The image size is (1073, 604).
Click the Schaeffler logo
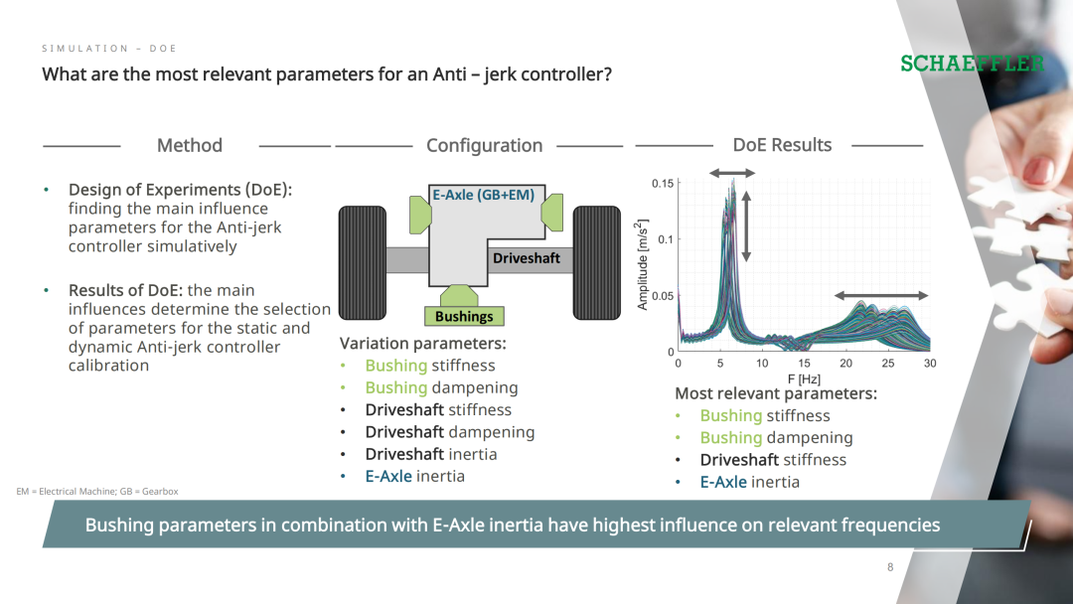tap(972, 64)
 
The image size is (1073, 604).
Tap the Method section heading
tap(190, 145)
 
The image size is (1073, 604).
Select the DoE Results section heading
tap(782, 145)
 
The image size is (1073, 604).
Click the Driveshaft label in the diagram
tap(527, 258)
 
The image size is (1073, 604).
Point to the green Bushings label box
tap(464, 316)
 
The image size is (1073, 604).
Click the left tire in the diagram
tap(363, 262)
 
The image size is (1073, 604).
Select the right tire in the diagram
tap(597, 262)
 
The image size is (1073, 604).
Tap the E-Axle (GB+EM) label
tap(483, 195)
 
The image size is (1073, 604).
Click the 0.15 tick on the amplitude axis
tap(663, 184)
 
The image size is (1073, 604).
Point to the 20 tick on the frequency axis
tap(845, 364)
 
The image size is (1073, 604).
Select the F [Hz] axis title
tap(804, 378)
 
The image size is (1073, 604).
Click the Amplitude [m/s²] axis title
tap(642, 264)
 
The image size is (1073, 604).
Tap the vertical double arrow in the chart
tap(746, 226)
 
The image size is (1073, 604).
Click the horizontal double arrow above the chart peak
tap(732, 173)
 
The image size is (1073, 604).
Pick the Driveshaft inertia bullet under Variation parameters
tap(431, 454)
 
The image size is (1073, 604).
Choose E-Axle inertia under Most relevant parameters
tap(749, 482)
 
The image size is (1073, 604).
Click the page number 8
tap(890, 567)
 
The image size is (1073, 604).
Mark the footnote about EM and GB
tap(97, 491)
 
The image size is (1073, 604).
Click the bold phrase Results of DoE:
tap(125, 290)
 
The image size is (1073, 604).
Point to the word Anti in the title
tap(448, 74)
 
